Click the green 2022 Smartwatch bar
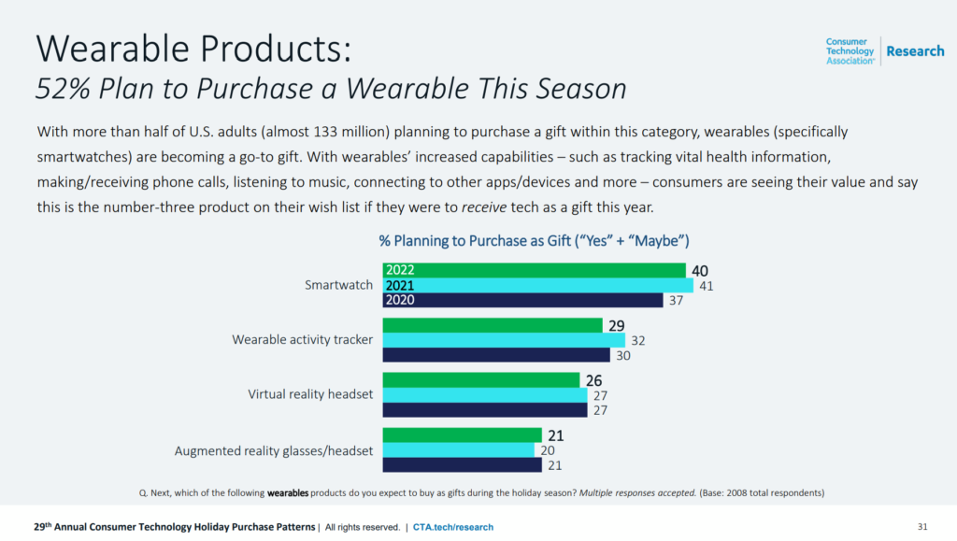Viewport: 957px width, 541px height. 533,270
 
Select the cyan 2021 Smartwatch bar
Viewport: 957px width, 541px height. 537,286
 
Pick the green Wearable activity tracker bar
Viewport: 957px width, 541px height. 492,325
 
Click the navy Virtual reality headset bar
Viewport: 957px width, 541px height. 484,410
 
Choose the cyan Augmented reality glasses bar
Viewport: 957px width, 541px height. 457,450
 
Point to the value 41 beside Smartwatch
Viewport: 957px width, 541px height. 707,286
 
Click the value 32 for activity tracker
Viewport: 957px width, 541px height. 638,340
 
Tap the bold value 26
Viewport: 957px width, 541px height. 593,380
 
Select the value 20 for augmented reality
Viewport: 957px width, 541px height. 547,450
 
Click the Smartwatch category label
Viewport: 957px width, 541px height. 339,285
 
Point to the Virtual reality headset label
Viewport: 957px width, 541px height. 310,394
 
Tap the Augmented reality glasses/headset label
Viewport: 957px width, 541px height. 274,450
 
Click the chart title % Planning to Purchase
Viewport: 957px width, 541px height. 534,240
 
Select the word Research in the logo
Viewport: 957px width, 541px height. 915,51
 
